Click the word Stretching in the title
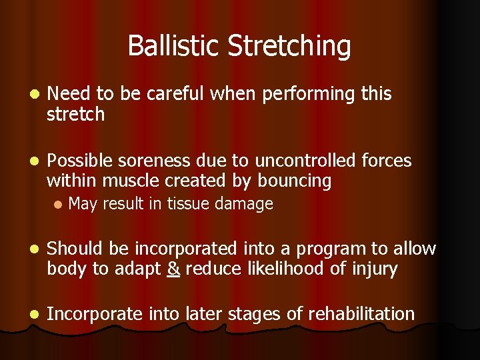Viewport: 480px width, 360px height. coord(289,46)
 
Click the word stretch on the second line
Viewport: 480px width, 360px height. coord(75,115)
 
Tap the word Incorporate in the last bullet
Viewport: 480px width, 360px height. coord(95,313)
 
